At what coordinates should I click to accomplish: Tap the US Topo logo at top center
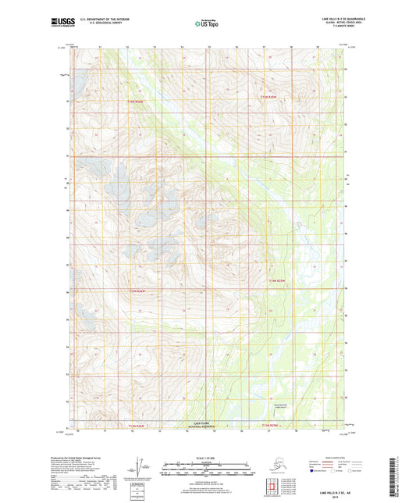tap(207, 24)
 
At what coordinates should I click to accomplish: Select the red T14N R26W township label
tap(137, 291)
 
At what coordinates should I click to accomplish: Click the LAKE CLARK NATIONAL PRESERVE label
tap(204, 426)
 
